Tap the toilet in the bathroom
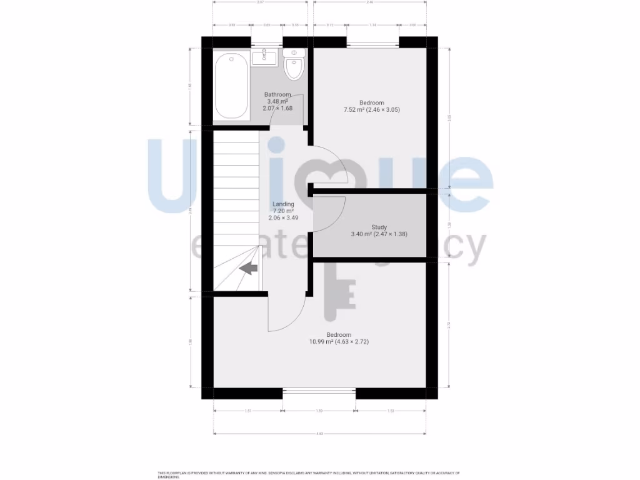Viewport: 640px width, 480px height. (294, 65)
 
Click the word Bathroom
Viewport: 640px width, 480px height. (277, 95)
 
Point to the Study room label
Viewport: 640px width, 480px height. (379, 227)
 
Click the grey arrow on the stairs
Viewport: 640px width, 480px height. (249, 269)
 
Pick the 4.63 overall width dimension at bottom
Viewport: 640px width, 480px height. (319, 433)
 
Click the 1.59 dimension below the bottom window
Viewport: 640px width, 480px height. (319, 411)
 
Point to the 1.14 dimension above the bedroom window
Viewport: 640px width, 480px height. (372, 25)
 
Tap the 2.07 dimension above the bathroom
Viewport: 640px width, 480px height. (260, 2)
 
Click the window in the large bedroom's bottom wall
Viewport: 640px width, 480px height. (319, 392)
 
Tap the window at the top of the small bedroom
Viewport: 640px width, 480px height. (372, 43)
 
